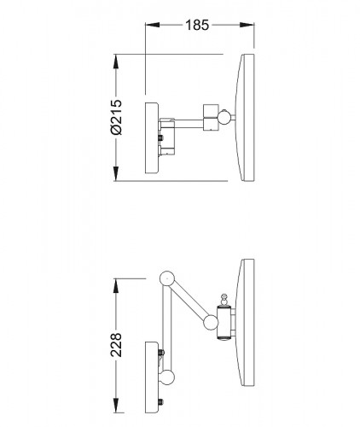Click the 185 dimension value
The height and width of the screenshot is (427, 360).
point(197,25)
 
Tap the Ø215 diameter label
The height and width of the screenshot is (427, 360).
point(116,117)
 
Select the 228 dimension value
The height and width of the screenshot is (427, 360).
point(116,345)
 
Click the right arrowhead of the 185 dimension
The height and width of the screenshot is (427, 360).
point(247,25)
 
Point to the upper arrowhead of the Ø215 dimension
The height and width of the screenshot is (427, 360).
point(116,61)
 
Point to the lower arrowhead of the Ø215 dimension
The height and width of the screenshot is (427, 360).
point(116,173)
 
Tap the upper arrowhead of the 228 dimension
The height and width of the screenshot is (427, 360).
point(116,286)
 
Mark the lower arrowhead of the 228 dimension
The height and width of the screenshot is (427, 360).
point(116,406)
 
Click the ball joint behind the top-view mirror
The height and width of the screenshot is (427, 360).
point(224,117)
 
